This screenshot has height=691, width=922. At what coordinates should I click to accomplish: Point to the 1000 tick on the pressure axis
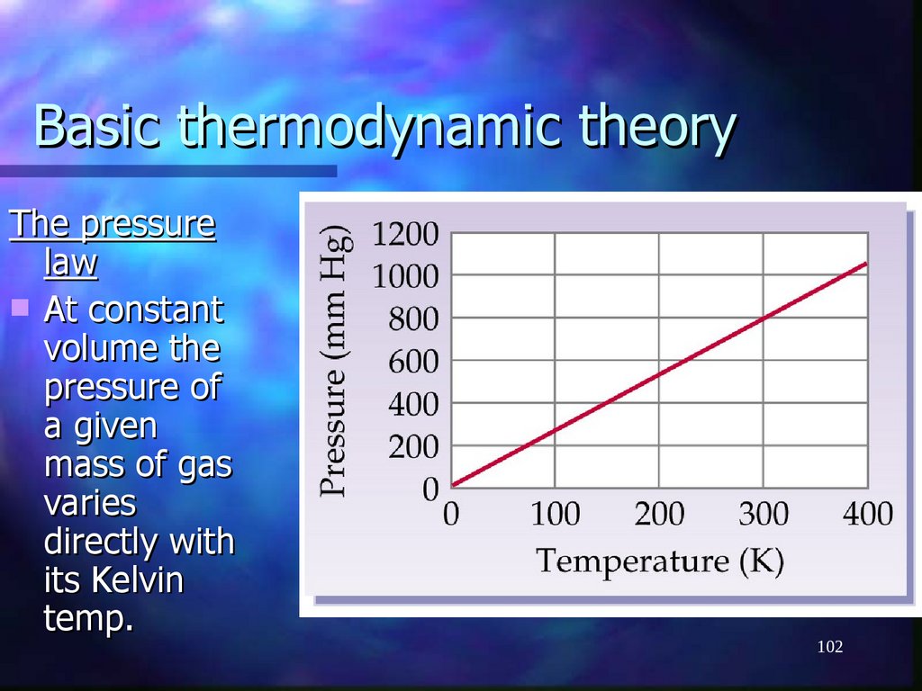pyautogui.click(x=406, y=276)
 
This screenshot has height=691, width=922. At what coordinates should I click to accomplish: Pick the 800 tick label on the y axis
pyautogui.click(x=413, y=319)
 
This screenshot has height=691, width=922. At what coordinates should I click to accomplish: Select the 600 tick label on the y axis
pyautogui.click(x=413, y=363)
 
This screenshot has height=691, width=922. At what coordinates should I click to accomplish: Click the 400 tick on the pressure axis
pyautogui.click(x=413, y=405)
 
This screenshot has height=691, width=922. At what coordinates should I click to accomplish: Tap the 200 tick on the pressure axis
pyautogui.click(x=413, y=447)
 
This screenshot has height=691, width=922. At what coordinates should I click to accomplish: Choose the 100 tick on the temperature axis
pyautogui.click(x=555, y=515)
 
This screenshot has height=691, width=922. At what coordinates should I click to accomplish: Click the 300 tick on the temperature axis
pyautogui.click(x=764, y=515)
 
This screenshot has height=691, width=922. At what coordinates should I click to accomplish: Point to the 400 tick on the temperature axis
pyautogui.click(x=867, y=515)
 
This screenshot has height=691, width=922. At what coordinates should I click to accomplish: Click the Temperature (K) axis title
pyautogui.click(x=660, y=562)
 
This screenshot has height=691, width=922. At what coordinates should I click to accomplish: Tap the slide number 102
pyautogui.click(x=829, y=647)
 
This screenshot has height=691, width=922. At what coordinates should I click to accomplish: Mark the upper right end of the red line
pyautogui.click(x=866, y=263)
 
